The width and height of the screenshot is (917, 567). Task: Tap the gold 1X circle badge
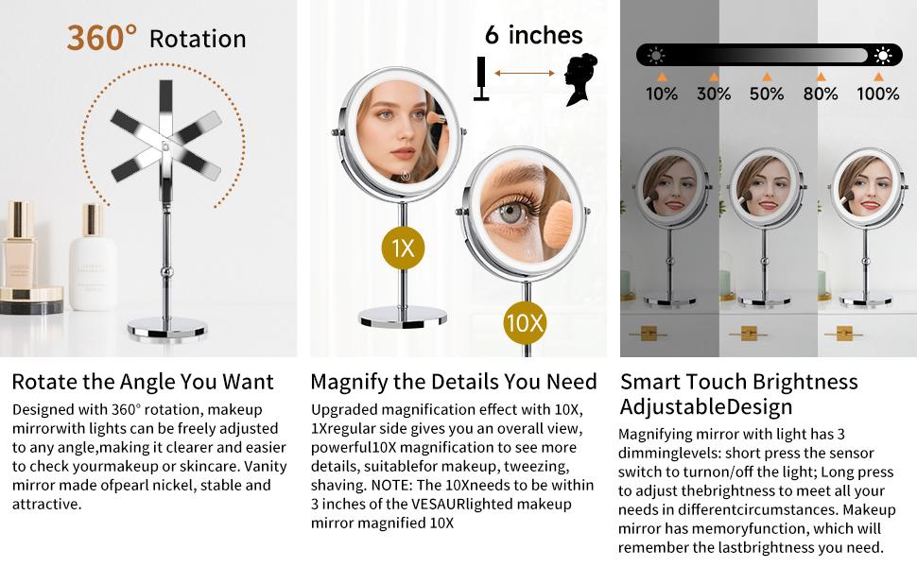403,249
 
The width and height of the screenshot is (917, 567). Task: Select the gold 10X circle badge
526,323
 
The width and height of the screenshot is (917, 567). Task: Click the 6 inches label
533,35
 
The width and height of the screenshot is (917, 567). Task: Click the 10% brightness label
662,94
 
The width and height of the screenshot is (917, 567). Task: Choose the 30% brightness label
714,94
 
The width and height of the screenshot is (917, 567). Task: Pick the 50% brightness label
767,94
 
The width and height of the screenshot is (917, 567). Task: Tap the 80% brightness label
821,94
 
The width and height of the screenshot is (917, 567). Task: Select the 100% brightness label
878,94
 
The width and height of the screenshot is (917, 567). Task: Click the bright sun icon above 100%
883,56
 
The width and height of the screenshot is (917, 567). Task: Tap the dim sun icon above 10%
656,56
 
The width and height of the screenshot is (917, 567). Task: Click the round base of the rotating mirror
167,331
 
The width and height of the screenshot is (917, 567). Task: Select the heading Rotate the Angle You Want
143,382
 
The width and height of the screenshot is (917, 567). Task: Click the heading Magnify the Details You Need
454,382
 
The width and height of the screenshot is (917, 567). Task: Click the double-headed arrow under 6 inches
523,73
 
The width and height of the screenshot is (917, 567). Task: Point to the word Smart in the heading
650,382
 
